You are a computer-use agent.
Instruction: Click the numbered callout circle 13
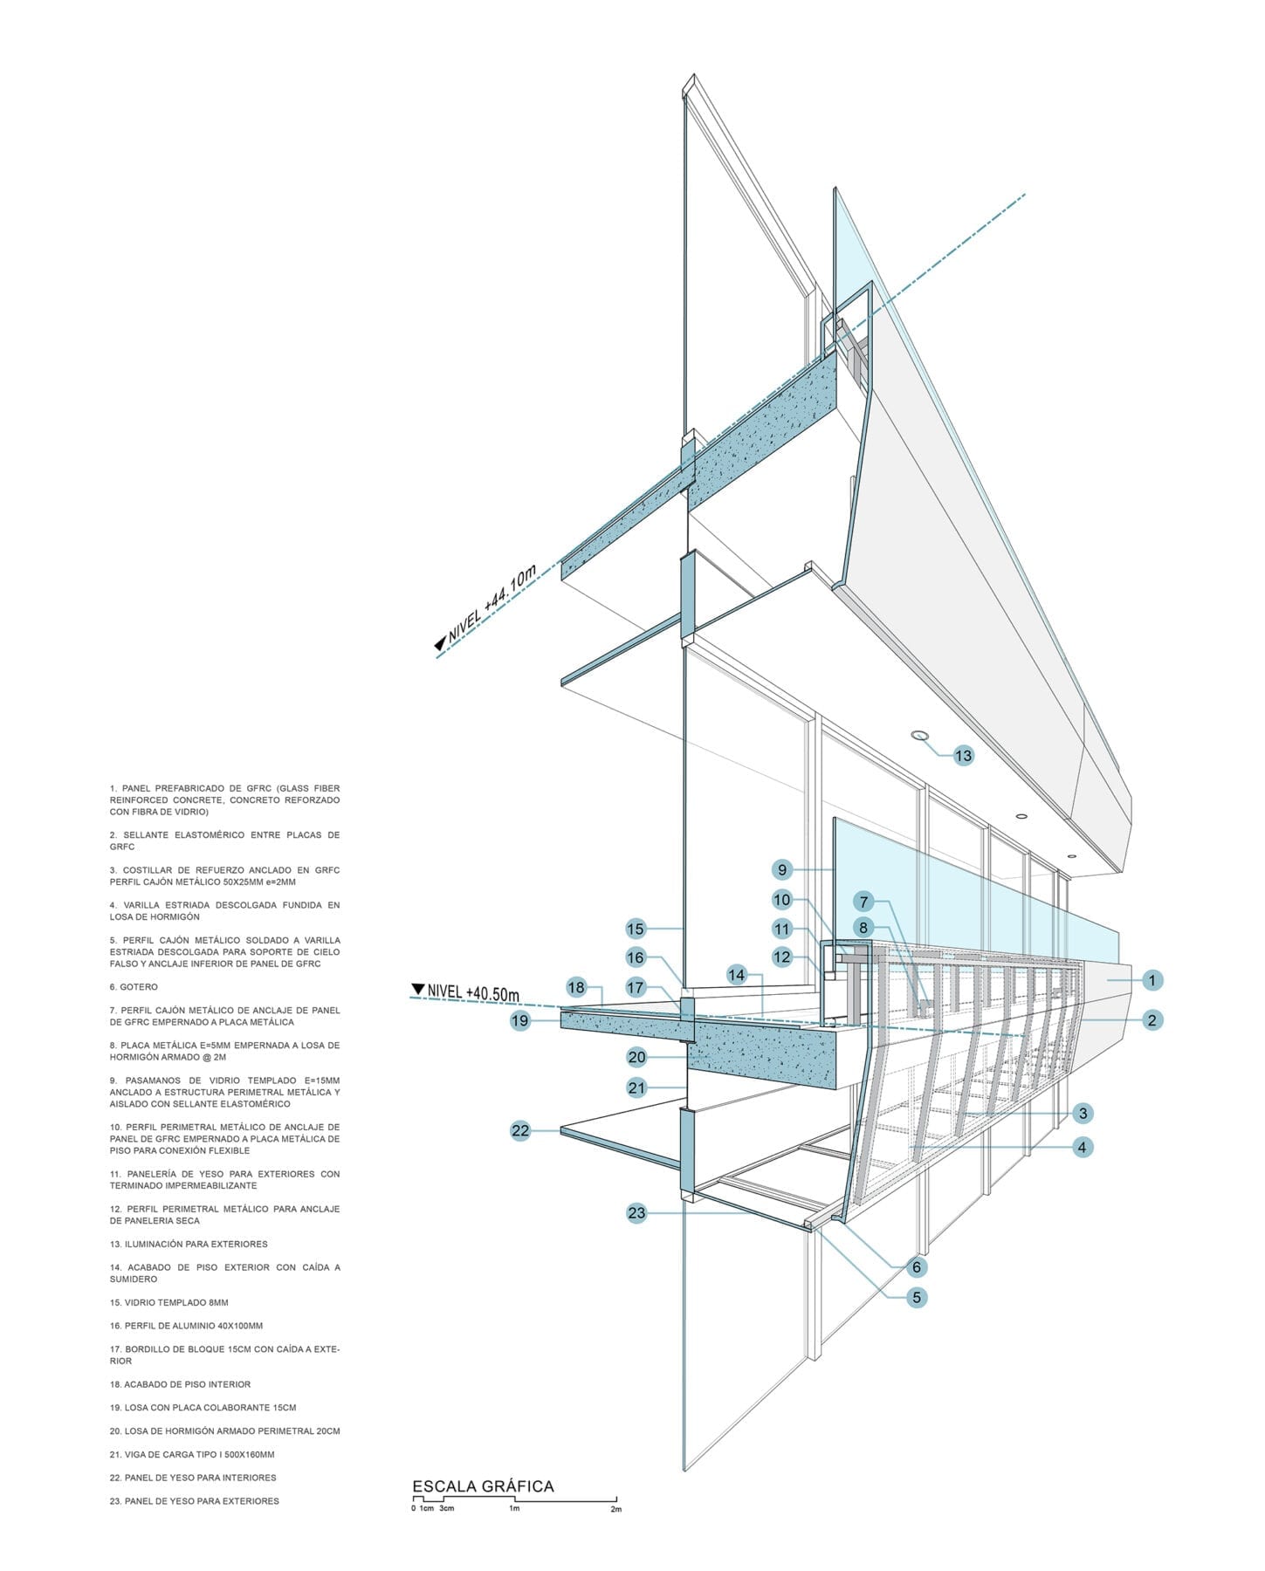click(x=963, y=756)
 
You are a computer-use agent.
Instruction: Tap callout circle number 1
click(x=1152, y=981)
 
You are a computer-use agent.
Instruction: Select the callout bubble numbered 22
click(x=520, y=1131)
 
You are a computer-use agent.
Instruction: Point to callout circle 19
click(x=520, y=1020)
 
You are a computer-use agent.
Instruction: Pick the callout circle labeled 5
click(x=916, y=1298)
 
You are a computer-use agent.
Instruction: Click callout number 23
click(x=636, y=1213)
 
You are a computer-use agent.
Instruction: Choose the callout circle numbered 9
click(x=782, y=869)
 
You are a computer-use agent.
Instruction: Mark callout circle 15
click(x=636, y=930)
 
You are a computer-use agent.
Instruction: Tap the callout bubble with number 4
click(x=1082, y=1148)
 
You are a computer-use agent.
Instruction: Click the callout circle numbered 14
click(x=737, y=975)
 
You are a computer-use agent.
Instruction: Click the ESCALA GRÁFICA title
click(x=483, y=1486)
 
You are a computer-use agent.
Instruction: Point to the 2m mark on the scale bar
click(x=616, y=1509)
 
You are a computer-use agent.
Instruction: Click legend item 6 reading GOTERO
click(x=134, y=987)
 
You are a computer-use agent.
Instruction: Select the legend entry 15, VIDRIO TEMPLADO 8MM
click(x=169, y=1302)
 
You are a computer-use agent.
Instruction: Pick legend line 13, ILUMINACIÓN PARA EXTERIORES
click(x=189, y=1244)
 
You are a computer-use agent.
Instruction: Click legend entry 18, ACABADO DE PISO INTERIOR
click(x=180, y=1384)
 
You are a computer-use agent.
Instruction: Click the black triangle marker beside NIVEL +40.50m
click(x=417, y=990)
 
